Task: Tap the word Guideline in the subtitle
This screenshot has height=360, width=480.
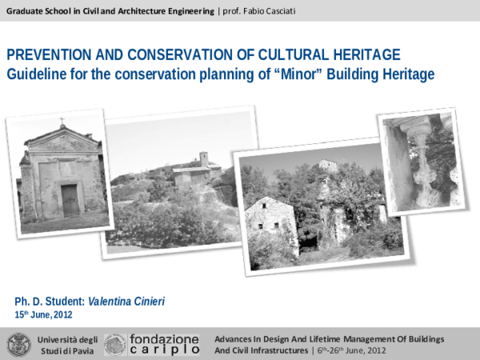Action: [38, 74]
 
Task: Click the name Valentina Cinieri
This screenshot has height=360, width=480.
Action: [132, 301]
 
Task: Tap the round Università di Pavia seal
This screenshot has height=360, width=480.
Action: [17, 345]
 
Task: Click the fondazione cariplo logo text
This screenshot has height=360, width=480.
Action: [164, 345]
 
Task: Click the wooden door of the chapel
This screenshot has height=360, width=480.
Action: [70, 200]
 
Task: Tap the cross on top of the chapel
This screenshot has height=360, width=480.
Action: [61, 122]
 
